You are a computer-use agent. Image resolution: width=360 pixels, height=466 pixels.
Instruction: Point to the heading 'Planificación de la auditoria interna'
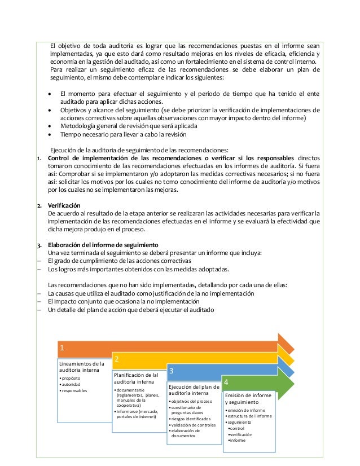136,378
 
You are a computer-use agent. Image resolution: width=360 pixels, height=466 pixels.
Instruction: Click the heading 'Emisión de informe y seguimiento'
248,399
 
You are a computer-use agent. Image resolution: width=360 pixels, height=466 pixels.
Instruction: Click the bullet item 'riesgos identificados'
191,419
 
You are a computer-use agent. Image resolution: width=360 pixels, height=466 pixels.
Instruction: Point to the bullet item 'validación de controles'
194,425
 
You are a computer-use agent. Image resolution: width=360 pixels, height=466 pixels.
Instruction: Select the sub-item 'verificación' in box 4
241,434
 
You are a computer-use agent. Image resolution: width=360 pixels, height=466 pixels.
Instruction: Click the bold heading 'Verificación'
64,205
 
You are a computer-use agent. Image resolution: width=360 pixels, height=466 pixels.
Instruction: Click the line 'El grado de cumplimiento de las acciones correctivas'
119,261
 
